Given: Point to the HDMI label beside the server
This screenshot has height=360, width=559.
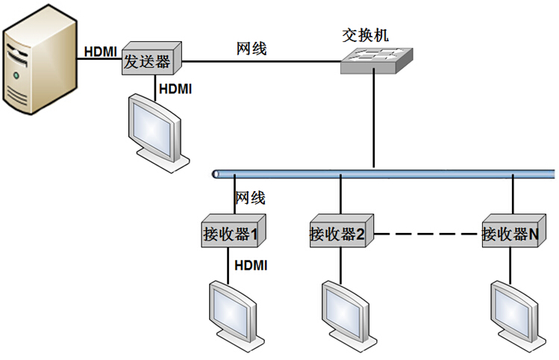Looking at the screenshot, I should [99, 52].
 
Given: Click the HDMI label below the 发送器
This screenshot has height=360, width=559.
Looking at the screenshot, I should [176, 89].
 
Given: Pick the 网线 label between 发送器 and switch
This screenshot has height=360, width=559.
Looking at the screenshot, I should [252, 49].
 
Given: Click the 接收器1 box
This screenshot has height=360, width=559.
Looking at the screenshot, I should [230, 234].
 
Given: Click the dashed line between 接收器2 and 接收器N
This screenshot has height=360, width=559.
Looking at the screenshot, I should [427, 234].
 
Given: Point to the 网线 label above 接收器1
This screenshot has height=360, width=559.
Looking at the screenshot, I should [250, 198].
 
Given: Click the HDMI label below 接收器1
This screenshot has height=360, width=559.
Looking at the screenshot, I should [252, 264].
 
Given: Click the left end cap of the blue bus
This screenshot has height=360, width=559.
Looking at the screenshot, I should [216, 174].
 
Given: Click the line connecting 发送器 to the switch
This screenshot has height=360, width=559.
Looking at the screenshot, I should [261, 61].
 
